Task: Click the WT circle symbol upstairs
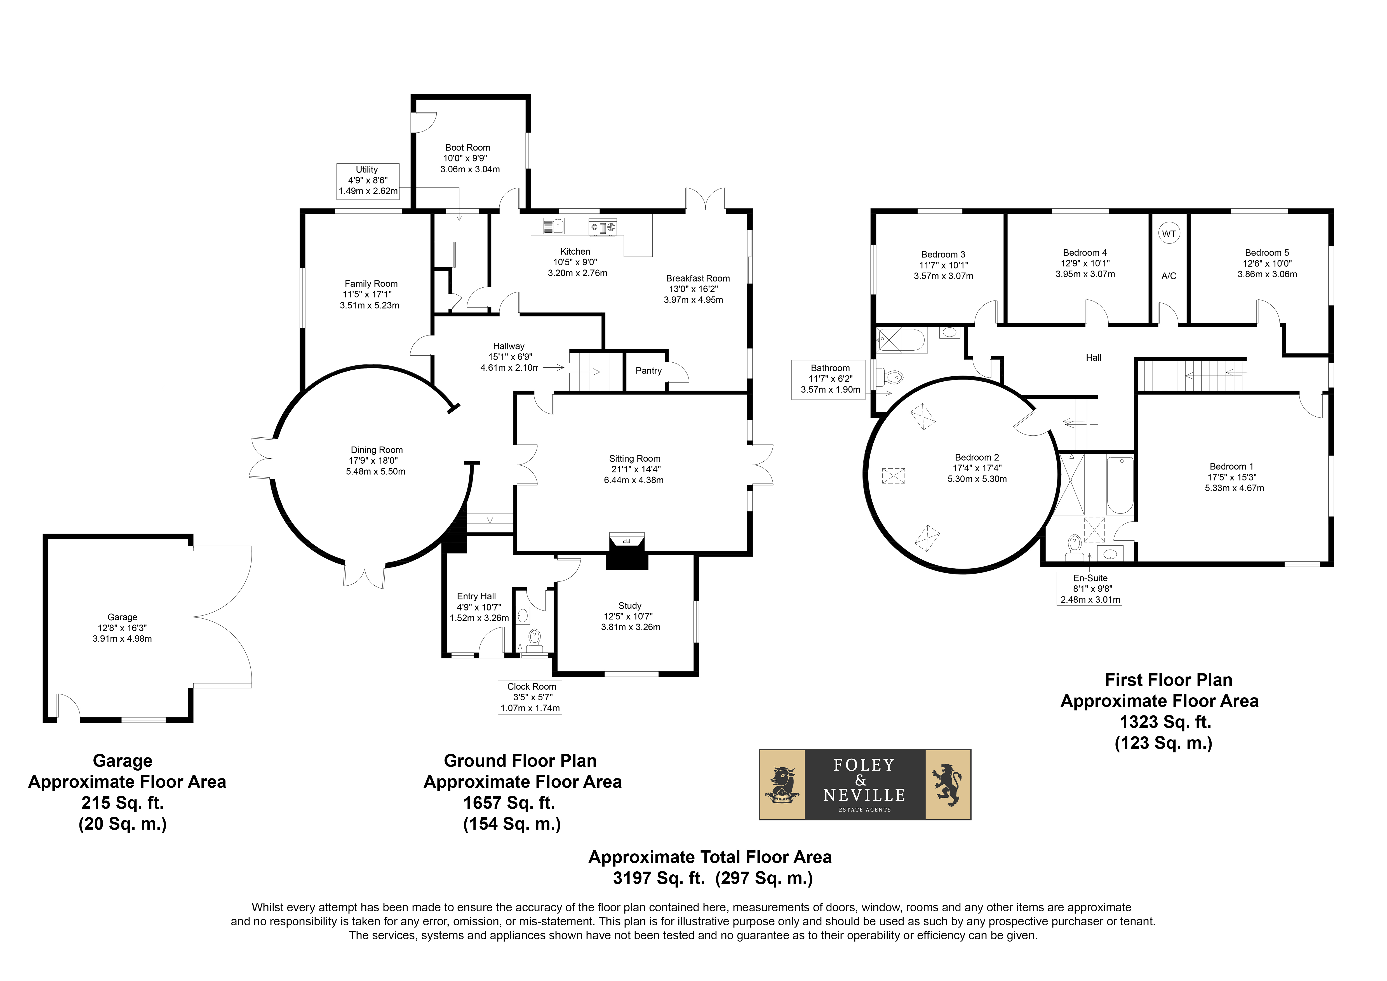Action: pos(1169,234)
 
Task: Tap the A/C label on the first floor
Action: pos(1169,276)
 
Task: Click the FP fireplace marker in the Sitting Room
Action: pos(626,541)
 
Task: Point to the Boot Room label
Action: pos(467,147)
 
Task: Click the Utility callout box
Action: pos(368,181)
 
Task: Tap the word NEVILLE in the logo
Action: pos(864,795)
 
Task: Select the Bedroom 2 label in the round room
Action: pos(977,457)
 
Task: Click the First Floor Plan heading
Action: pos(1168,680)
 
